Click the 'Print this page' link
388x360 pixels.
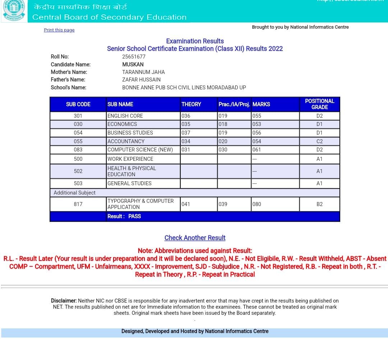click(x=59, y=30)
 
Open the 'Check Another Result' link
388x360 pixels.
click(x=195, y=238)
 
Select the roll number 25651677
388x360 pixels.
click(x=134, y=57)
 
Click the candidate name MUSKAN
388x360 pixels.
click(x=133, y=65)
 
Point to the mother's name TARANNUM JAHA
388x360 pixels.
click(x=143, y=72)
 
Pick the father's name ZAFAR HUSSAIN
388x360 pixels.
click(x=141, y=80)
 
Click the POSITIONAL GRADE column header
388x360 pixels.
click(x=319, y=104)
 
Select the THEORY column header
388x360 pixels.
click(x=191, y=104)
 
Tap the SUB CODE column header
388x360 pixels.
click(x=78, y=104)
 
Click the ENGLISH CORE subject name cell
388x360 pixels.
click(x=125, y=116)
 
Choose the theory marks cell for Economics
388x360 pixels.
click(x=186, y=124)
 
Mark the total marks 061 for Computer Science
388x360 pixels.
click(x=257, y=150)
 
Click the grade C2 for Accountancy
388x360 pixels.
click(x=319, y=141)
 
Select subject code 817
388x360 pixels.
click(x=78, y=204)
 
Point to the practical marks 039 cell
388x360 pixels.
click(x=223, y=204)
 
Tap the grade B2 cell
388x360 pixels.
click(x=319, y=204)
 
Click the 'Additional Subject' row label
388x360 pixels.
click(x=75, y=193)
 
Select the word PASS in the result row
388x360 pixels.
click(x=134, y=216)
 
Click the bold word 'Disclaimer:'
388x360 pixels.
click(x=64, y=301)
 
